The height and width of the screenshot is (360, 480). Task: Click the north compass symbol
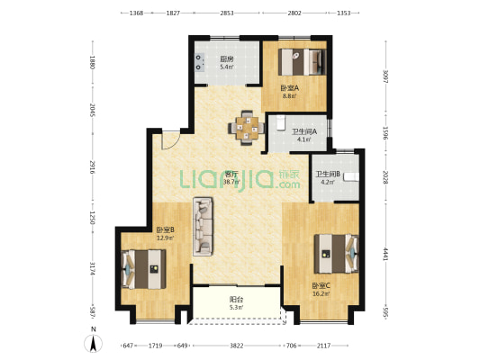click(x=94, y=343)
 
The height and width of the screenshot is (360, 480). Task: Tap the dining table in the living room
click(x=247, y=128)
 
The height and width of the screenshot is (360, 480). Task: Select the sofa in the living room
click(x=203, y=226)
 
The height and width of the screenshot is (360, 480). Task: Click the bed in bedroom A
click(x=302, y=62)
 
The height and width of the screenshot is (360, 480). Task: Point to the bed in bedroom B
click(x=143, y=269)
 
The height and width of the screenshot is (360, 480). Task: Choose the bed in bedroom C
click(x=336, y=254)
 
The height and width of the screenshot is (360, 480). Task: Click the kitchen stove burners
click(x=199, y=62)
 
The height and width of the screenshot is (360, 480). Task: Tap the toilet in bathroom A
click(x=280, y=122)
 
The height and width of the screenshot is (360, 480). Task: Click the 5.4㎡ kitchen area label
click(x=227, y=67)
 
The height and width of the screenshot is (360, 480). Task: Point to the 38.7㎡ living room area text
click(x=231, y=182)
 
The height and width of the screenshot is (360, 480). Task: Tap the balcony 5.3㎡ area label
click(x=236, y=308)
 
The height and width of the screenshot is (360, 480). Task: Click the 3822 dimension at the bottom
click(x=237, y=346)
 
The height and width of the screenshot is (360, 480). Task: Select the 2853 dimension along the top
click(x=227, y=13)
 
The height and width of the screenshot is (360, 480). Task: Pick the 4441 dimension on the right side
click(x=385, y=254)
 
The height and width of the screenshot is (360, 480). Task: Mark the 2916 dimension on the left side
click(x=92, y=167)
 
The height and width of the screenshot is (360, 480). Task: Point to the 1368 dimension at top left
click(x=136, y=13)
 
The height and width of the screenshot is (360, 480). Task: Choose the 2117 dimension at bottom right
click(x=323, y=346)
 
